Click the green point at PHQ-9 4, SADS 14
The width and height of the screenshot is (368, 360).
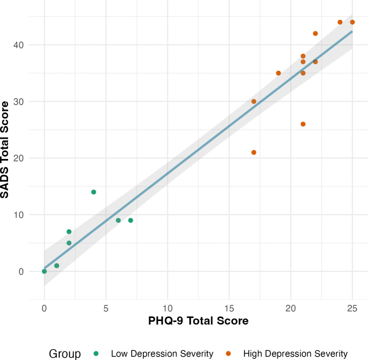pos(94,192)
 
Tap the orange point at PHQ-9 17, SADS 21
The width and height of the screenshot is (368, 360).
pos(254,152)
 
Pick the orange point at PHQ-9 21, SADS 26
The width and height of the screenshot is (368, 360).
pos(303,124)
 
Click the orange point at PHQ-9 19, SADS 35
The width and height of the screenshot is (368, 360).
pos(278,73)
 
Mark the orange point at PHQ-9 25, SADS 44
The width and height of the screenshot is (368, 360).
pos(352,22)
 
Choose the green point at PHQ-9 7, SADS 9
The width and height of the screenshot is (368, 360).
pos(131,220)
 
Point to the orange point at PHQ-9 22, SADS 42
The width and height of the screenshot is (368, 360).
pos(315,33)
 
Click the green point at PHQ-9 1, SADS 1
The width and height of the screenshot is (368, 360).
pos(57,266)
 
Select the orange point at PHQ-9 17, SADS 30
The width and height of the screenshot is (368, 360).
pos(254,101)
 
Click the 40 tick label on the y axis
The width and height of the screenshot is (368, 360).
pos(19,45)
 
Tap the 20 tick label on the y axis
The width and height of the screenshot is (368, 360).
pos(19,158)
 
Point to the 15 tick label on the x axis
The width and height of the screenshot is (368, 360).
pos(229,308)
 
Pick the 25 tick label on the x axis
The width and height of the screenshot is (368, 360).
pos(352,308)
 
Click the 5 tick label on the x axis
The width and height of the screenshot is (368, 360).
pos(106,308)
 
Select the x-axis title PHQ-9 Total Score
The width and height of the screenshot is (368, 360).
pos(198,321)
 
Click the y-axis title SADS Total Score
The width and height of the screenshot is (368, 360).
pos(5,149)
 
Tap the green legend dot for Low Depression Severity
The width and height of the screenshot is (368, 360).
pos(96,353)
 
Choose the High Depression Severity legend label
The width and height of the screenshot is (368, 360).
pos(296,353)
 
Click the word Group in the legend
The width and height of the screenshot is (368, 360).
pos(65,353)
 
